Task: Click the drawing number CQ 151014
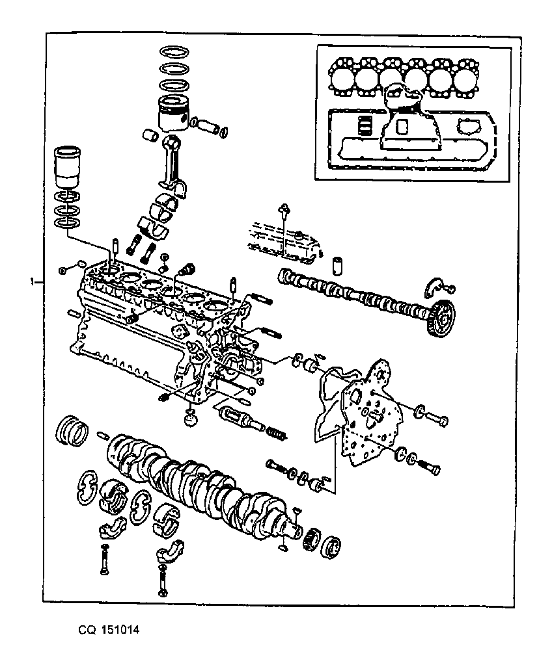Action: pyautogui.click(x=109, y=630)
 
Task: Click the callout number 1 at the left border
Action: pyautogui.click(x=32, y=281)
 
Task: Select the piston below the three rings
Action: pyautogui.click(x=173, y=113)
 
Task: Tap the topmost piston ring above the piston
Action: pyautogui.click(x=174, y=51)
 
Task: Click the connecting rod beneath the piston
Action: pyautogui.click(x=174, y=165)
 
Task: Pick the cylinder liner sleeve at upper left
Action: pyautogui.click(x=68, y=167)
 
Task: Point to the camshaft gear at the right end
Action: pyautogui.click(x=442, y=318)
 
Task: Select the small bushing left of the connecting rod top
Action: pyautogui.click(x=150, y=135)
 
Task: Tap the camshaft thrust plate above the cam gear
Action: pyautogui.click(x=434, y=287)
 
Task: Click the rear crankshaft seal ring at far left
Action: pyautogui.click(x=72, y=430)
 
